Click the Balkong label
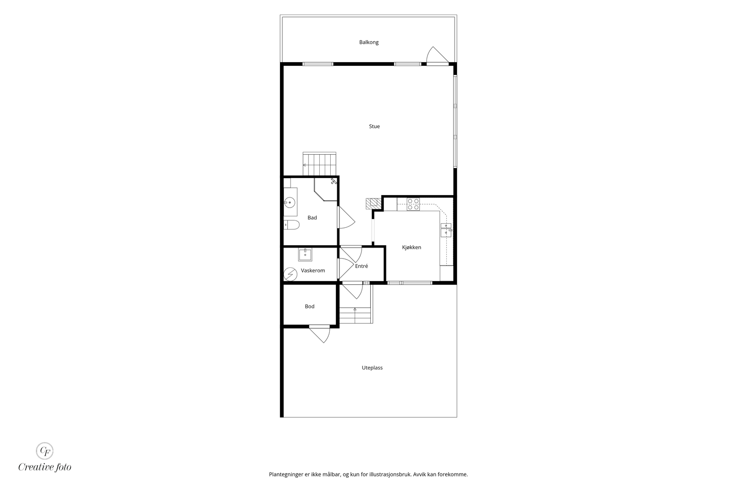point(368,42)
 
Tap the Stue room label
point(374,126)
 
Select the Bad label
point(312,218)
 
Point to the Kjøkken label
point(411,247)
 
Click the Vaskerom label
point(313,271)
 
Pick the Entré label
point(361,266)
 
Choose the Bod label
point(309,306)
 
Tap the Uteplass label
point(372,368)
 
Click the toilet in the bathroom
point(292,225)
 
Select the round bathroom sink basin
point(290,202)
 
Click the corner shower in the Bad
point(326,189)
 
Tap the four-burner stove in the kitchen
point(413,204)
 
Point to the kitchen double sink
point(446,230)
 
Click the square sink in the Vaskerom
point(305,254)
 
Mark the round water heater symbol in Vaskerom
point(290,274)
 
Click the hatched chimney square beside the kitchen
point(373,203)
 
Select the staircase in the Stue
point(320,164)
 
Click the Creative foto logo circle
point(44,451)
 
